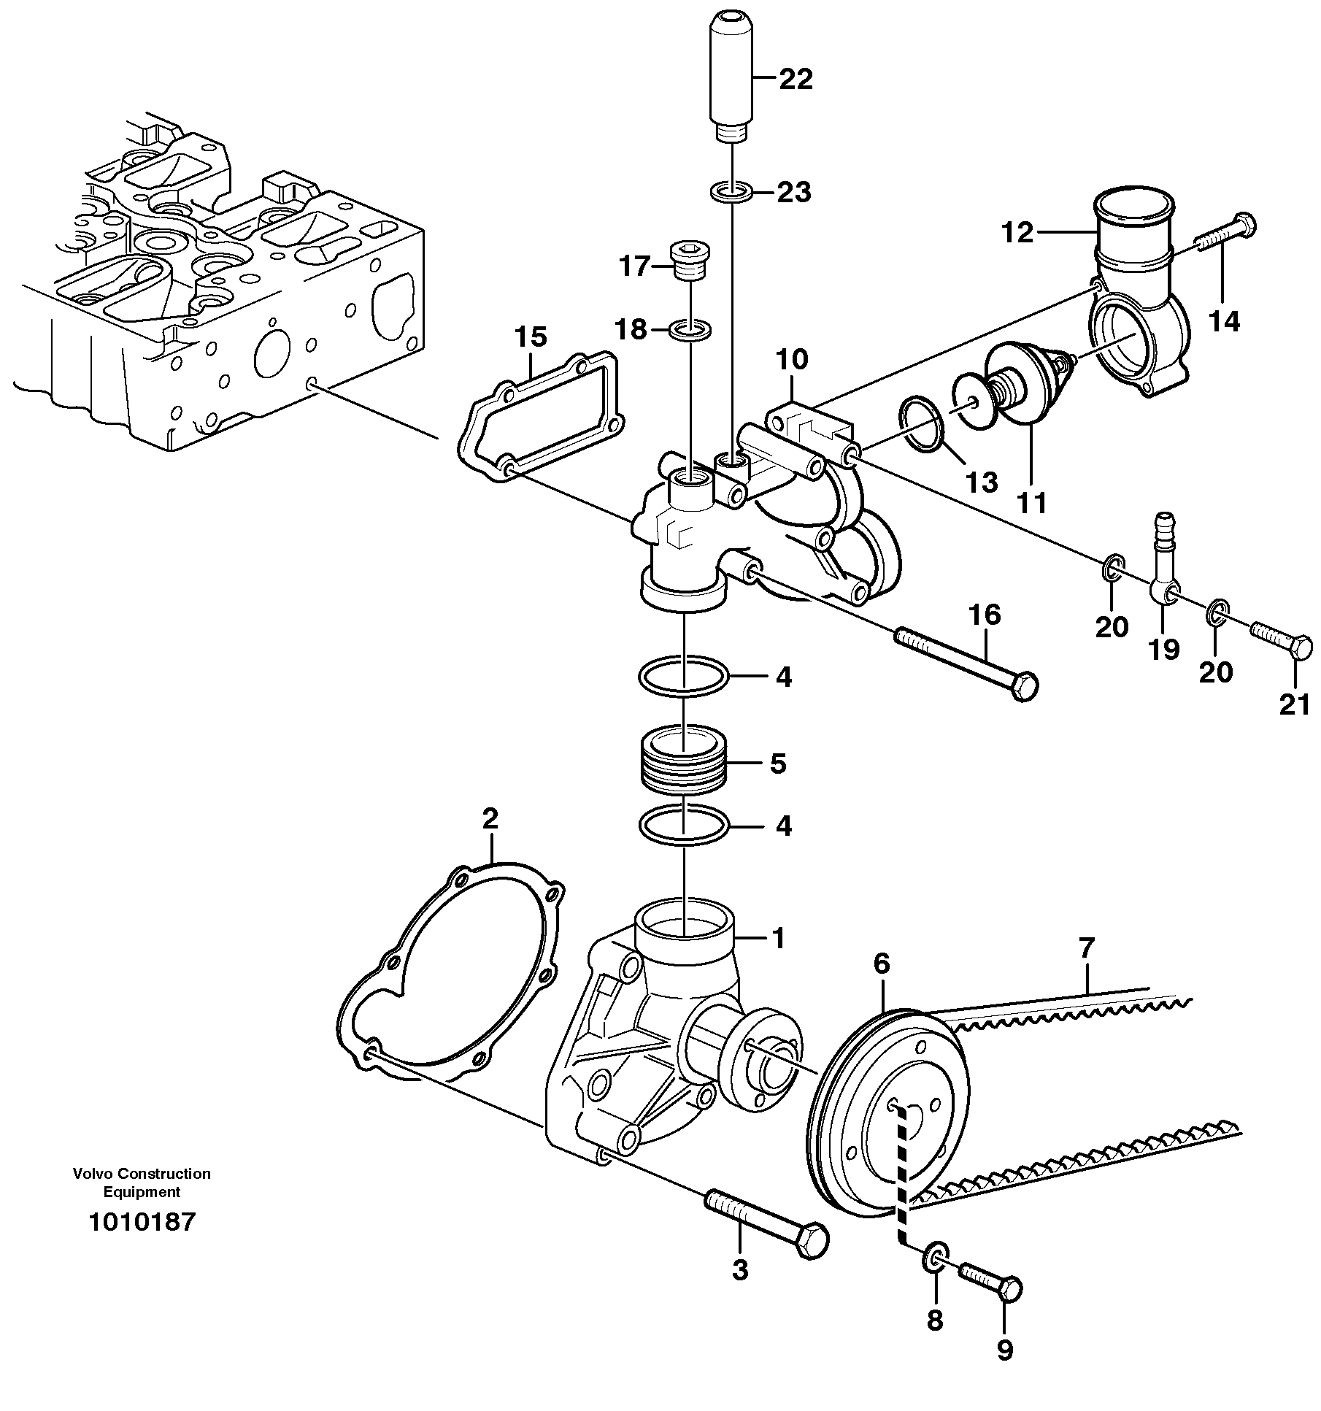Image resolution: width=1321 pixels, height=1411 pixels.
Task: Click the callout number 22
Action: point(796,79)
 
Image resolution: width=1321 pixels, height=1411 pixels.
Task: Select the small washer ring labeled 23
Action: point(731,193)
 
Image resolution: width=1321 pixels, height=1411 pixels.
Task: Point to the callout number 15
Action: point(531,337)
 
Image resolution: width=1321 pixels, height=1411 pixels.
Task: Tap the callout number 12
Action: point(1017,234)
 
